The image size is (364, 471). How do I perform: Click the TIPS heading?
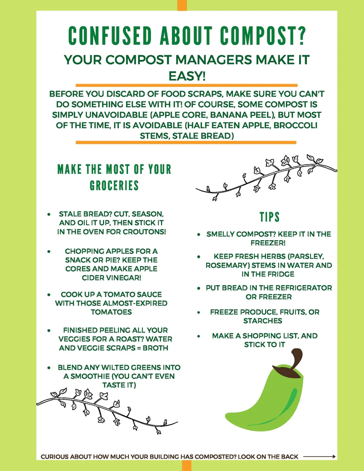click(269, 217)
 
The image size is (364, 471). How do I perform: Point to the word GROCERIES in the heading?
click(114, 185)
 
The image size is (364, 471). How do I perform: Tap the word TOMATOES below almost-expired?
click(111, 312)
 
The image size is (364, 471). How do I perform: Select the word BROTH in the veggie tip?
click(156, 348)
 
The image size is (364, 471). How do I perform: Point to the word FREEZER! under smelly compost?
click(268, 242)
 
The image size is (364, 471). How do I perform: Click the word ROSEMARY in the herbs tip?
click(226, 265)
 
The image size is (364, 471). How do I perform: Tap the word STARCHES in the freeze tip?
click(263, 321)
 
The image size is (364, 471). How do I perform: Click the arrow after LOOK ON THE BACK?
click(319, 457)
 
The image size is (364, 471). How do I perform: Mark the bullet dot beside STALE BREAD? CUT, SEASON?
click(49, 215)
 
